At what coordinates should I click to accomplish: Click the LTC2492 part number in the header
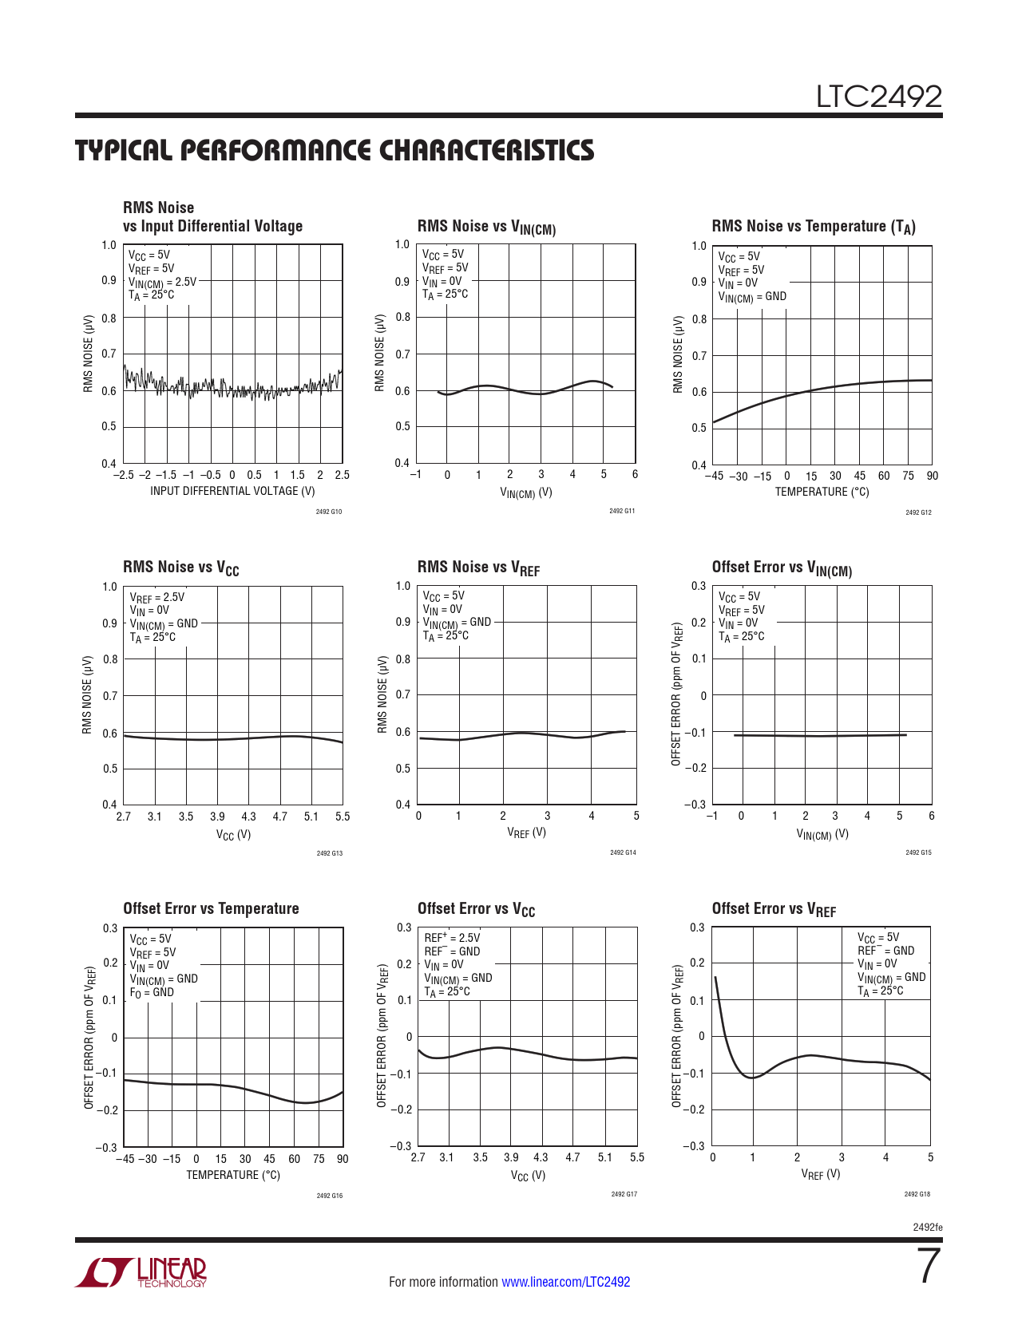878,97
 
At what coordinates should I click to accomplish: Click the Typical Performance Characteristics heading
335,151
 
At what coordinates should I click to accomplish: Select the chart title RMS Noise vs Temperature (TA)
813,227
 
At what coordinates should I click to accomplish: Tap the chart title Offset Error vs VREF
773,909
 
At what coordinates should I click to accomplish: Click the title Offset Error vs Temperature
211,908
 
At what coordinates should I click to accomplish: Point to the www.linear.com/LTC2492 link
565,1282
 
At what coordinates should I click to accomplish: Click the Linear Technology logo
141,1272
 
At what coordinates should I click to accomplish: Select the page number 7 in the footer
929,1267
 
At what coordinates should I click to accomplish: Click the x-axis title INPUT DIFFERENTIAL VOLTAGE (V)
232,491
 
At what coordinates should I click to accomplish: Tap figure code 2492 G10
329,512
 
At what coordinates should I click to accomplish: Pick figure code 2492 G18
917,1194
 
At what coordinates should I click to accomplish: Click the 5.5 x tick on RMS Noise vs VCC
343,817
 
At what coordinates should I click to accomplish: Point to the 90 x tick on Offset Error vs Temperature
343,1159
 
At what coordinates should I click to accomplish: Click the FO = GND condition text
152,992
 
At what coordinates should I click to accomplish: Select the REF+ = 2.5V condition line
452,938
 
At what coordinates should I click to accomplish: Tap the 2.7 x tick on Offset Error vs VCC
418,1157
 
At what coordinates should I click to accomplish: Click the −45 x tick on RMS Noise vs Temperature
713,476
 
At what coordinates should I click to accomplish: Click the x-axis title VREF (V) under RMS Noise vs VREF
526,833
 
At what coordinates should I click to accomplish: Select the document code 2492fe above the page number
927,1227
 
